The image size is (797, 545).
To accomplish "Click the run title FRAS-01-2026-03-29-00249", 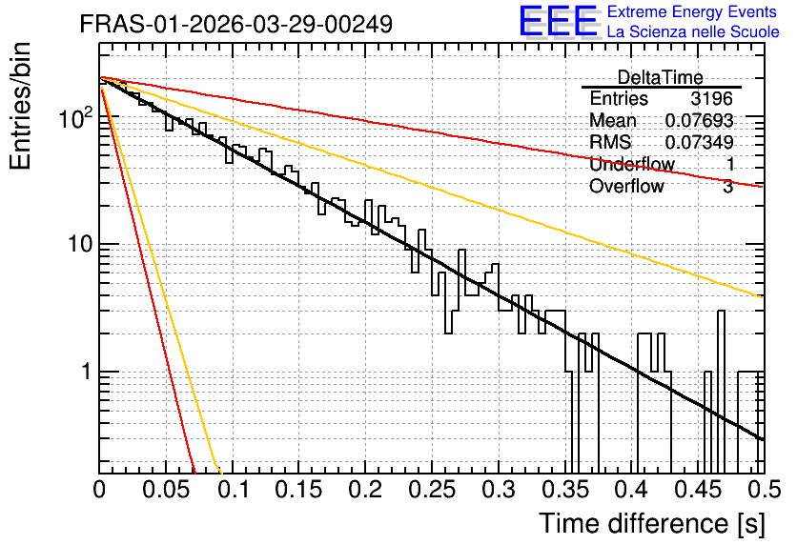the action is pos(236,24).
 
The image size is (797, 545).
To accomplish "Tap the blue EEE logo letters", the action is pos(558,21).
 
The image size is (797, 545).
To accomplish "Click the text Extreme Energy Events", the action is pos(692,11).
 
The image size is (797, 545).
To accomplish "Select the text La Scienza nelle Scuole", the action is pos(693,31).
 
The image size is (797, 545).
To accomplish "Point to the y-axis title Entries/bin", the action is pos(20,106).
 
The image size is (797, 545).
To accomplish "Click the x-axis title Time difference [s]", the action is pos(652,523).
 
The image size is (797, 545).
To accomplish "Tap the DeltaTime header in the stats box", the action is pos(660,77).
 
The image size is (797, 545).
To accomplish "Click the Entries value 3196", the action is pos(711,98).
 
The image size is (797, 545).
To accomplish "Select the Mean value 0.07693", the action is pos(699,120).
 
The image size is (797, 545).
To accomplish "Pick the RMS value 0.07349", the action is pos(699,142).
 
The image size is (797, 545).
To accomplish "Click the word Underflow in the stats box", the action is pos(632,164).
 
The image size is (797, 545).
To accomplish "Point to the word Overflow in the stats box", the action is pos(626,186).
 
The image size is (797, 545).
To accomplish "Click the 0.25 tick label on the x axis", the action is pos(432,490).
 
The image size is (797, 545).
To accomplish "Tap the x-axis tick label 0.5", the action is pos(765,490).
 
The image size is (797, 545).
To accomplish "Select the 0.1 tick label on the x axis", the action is pos(234,490).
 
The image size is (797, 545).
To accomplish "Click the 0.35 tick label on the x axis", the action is pos(565,490).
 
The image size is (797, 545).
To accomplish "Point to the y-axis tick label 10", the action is pos(79,244).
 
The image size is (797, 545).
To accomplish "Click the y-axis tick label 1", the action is pos(86,372).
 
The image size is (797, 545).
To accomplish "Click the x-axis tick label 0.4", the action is pos(632,490).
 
